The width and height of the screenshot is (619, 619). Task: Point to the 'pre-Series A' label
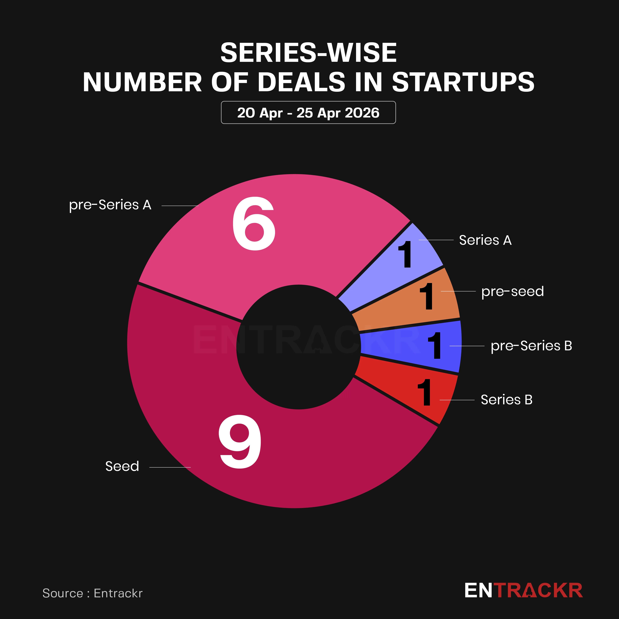point(110,205)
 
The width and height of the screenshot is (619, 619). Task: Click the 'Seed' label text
point(122,466)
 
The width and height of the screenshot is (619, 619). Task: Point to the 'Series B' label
point(506,400)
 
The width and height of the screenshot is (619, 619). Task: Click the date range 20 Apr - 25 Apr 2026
point(308,113)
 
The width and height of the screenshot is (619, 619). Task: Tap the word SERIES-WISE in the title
point(308,53)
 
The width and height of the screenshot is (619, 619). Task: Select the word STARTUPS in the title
point(463,82)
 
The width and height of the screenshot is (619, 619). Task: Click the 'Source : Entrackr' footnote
point(92,593)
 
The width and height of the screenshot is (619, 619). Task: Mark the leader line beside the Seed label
point(170,467)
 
